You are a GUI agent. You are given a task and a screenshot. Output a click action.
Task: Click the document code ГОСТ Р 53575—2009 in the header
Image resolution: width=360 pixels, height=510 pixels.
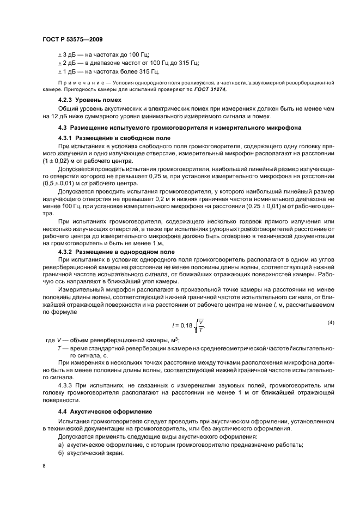[x=72, y=40]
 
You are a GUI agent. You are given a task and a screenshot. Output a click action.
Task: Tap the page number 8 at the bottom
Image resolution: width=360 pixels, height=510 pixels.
[x=44, y=466]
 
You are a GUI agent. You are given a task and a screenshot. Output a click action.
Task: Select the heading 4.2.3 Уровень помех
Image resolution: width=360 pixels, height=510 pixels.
[x=89, y=100]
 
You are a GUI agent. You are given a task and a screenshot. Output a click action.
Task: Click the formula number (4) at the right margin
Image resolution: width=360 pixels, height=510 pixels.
[x=331, y=323]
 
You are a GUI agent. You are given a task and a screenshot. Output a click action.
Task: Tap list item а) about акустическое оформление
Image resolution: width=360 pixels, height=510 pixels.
[x=180, y=445]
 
